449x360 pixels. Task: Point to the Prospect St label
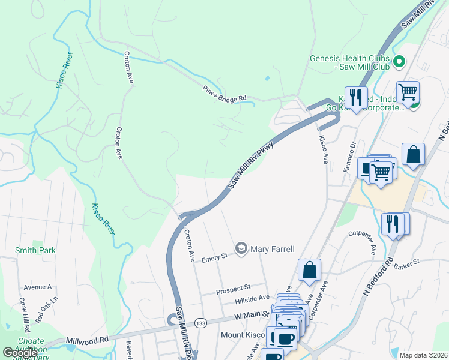coord(233,291)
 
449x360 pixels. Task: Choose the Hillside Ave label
coord(252,298)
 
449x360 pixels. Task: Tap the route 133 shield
coord(200,322)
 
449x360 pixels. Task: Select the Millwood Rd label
coord(88,340)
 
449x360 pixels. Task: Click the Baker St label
coord(406,264)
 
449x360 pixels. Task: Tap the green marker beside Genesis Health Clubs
coord(398,61)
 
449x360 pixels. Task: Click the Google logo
coord(20,353)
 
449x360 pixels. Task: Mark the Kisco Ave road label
coord(324,149)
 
